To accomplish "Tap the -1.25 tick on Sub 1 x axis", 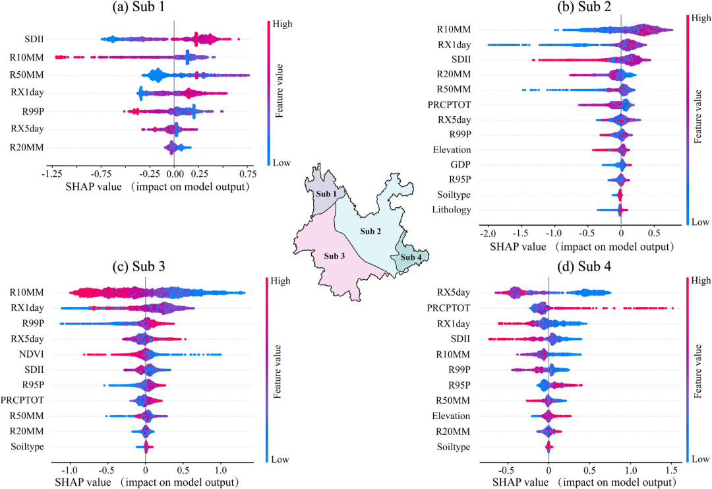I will pyautogui.click(x=50, y=174).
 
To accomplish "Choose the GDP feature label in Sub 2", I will pyautogui.click(x=460, y=165).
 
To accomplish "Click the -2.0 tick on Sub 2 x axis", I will pyautogui.click(x=487, y=234).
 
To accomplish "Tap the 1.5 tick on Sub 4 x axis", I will pyautogui.click(x=671, y=472).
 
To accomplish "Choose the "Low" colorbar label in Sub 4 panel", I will pyautogui.click(x=700, y=458).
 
